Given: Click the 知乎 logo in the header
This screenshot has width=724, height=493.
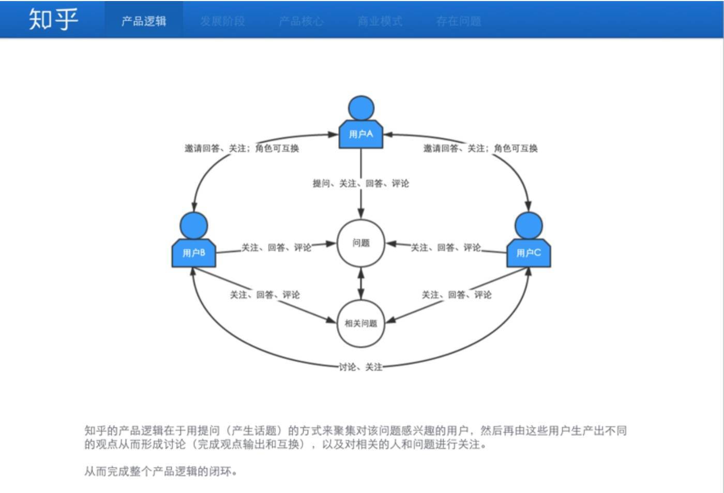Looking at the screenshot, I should pyautogui.click(x=53, y=20).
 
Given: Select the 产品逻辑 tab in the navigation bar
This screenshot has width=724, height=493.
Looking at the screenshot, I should pyautogui.click(x=144, y=21).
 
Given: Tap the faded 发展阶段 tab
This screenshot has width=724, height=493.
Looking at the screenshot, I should pyautogui.click(x=222, y=21).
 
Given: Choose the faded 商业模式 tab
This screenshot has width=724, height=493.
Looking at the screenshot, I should pyautogui.click(x=380, y=21).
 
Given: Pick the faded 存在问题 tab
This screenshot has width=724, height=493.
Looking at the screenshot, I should pyautogui.click(x=459, y=21).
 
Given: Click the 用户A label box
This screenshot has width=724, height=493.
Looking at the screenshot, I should pyautogui.click(x=361, y=134).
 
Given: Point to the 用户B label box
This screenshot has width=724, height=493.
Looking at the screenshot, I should pyautogui.click(x=194, y=253).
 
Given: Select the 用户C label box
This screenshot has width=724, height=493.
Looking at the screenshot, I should pyautogui.click(x=529, y=253).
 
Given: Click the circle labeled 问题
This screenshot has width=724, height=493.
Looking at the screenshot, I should pyautogui.click(x=361, y=243).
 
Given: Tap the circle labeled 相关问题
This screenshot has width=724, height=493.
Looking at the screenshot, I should pyautogui.click(x=361, y=323).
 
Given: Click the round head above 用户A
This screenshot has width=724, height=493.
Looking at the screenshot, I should pyautogui.click(x=361, y=109).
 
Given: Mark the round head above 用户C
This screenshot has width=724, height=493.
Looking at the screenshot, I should pyautogui.click(x=529, y=225).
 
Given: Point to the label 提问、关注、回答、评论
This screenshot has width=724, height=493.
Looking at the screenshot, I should pyautogui.click(x=361, y=183).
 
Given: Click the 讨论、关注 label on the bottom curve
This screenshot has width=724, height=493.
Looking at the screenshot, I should pyautogui.click(x=360, y=367).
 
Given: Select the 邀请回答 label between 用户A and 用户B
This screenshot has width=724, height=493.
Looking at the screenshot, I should pyautogui.click(x=242, y=148).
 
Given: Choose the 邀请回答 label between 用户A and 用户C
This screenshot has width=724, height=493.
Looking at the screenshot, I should pyautogui.click(x=480, y=148).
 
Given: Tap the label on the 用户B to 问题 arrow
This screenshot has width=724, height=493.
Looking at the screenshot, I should pyautogui.click(x=277, y=248).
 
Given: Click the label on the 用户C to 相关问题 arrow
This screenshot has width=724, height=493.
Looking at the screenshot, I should pyautogui.click(x=457, y=295).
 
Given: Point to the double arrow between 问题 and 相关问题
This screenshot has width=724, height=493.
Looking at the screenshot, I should pyautogui.click(x=361, y=283).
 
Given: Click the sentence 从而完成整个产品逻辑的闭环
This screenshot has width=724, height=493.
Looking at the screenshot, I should pyautogui.click(x=161, y=471).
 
